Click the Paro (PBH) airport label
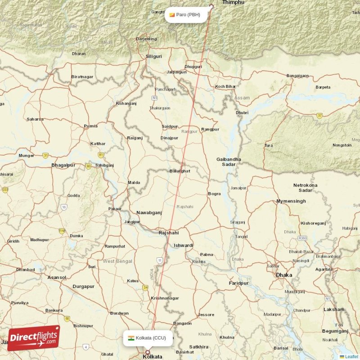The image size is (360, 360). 188,15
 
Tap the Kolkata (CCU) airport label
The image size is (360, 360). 151,338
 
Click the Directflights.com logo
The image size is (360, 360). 34,338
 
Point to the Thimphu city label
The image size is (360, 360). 233,3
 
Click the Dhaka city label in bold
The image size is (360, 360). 284,275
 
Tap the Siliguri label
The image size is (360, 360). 153,57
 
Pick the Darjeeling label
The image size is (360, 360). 146,39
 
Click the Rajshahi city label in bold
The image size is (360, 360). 168,233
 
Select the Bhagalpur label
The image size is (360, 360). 63,165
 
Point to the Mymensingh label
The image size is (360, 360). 291,201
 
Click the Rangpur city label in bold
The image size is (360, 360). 210,129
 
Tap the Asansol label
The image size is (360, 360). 57,277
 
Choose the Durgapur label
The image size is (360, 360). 83,286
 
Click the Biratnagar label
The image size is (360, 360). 82,77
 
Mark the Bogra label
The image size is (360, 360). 214,194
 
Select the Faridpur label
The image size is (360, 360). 238,283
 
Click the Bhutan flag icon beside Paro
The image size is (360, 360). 171,15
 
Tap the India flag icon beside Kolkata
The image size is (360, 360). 130,338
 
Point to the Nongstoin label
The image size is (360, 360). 342,145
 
